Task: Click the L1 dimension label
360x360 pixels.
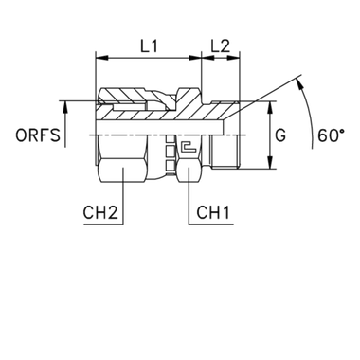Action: click(145, 45)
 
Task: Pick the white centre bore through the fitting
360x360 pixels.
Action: click(161, 126)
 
